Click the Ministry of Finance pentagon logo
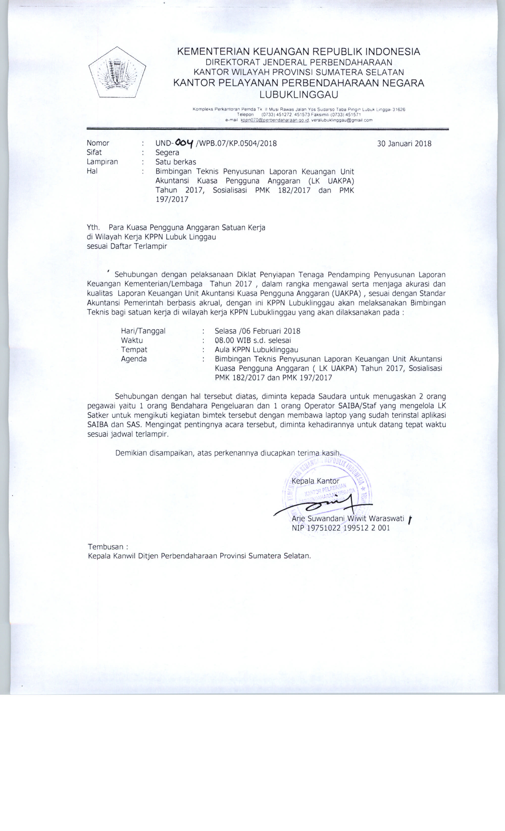117,72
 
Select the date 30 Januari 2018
404,143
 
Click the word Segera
167,152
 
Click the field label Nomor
98,143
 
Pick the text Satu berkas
176,162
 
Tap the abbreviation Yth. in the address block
94,228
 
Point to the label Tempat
134,350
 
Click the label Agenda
134,359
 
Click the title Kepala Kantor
315,481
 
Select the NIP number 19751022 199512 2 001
348,528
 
